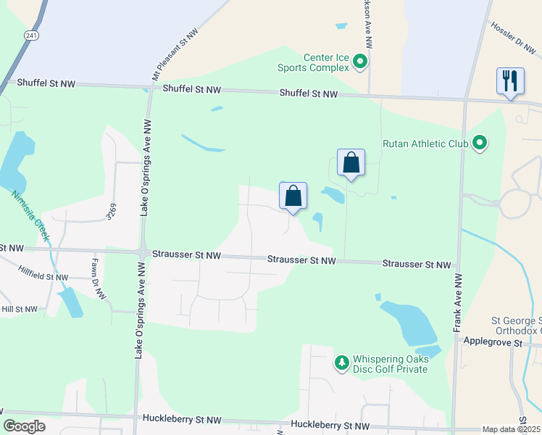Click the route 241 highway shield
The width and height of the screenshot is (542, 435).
tap(30, 35)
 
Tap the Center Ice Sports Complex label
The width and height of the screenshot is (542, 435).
tap(327, 63)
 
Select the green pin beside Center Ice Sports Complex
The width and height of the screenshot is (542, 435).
tap(360, 63)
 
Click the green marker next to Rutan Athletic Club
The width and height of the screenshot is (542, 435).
tap(479, 143)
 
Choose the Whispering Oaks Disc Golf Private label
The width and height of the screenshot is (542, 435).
tap(390, 364)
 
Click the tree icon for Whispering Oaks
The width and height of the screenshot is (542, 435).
tap(341, 361)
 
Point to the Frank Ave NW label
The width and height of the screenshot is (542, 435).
tap(458, 302)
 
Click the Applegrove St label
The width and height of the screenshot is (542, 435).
tap(493, 341)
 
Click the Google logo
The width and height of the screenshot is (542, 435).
tap(25, 426)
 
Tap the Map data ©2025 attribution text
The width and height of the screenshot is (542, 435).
tap(511, 429)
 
